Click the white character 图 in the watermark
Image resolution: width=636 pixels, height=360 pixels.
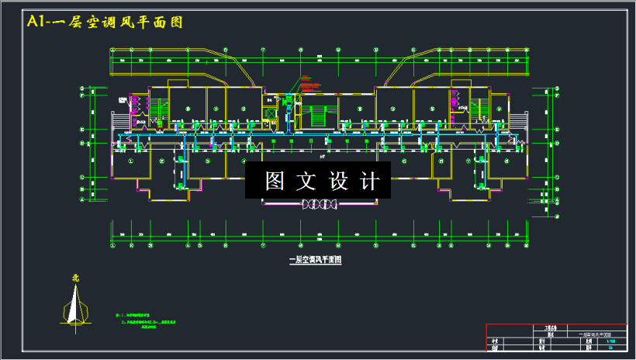click(x=276, y=181)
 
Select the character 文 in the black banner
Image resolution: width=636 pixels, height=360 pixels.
click(x=307, y=181)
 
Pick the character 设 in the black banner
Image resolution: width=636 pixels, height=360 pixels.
click(x=339, y=181)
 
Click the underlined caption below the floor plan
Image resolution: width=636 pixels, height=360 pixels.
click(x=315, y=261)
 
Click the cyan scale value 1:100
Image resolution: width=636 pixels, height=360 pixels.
click(x=610, y=341)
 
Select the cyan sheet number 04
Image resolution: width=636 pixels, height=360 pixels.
click(x=610, y=348)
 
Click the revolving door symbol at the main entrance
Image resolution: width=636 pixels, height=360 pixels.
click(x=320, y=203)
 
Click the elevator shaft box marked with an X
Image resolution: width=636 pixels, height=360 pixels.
click(x=271, y=113)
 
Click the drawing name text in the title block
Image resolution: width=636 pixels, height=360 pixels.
click(x=596, y=334)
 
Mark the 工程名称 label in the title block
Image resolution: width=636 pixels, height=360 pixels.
click(x=541, y=327)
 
